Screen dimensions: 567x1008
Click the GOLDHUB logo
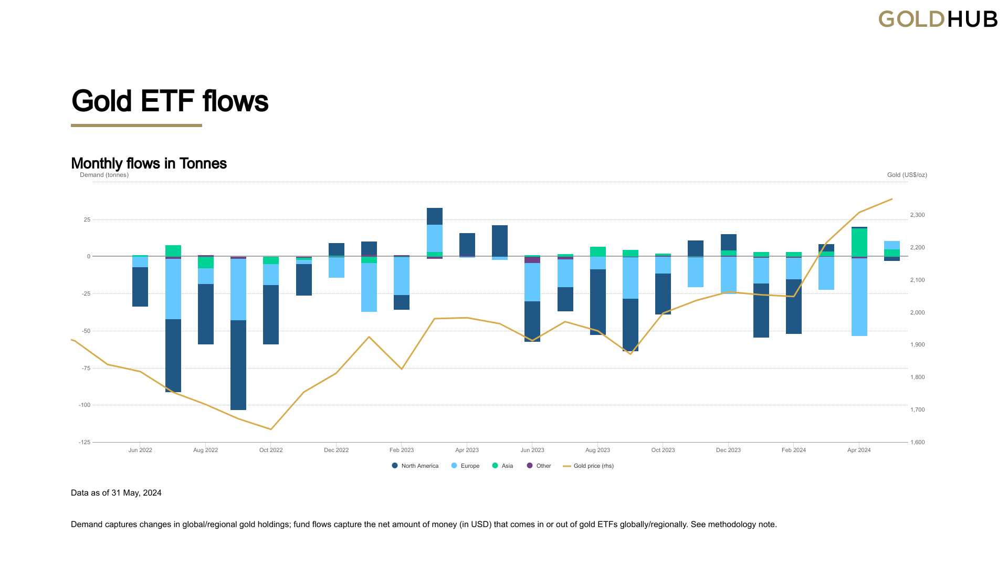pyautogui.click(x=938, y=19)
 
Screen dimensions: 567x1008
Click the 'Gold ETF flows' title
pyautogui.click(x=170, y=101)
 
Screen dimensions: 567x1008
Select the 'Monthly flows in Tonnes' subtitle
pyautogui.click(x=149, y=163)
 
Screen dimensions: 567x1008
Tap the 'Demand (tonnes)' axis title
pyautogui.click(x=104, y=175)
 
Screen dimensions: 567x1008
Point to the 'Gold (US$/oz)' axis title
pyautogui.click(x=907, y=175)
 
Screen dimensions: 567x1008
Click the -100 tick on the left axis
pyautogui.click(x=85, y=405)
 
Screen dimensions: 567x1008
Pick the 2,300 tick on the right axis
pyautogui.click(x=917, y=215)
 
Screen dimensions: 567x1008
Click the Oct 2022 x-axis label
pyautogui.click(x=271, y=450)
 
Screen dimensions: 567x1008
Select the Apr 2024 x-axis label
pyautogui.click(x=859, y=450)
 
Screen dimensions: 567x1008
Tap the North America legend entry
pyautogui.click(x=415, y=466)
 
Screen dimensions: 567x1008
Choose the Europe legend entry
pyautogui.click(x=466, y=466)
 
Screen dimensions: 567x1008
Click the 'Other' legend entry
pyautogui.click(x=539, y=466)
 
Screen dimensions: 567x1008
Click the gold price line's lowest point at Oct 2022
pyautogui.click(x=271, y=429)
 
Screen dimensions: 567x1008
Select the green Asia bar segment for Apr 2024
pyautogui.click(x=859, y=243)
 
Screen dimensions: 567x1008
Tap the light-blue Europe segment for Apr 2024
pyautogui.click(x=859, y=297)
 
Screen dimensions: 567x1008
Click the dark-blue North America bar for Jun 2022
pyautogui.click(x=140, y=287)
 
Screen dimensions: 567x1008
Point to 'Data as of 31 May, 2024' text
pyautogui.click(x=116, y=493)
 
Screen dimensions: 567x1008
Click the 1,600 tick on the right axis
pyautogui.click(x=917, y=443)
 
